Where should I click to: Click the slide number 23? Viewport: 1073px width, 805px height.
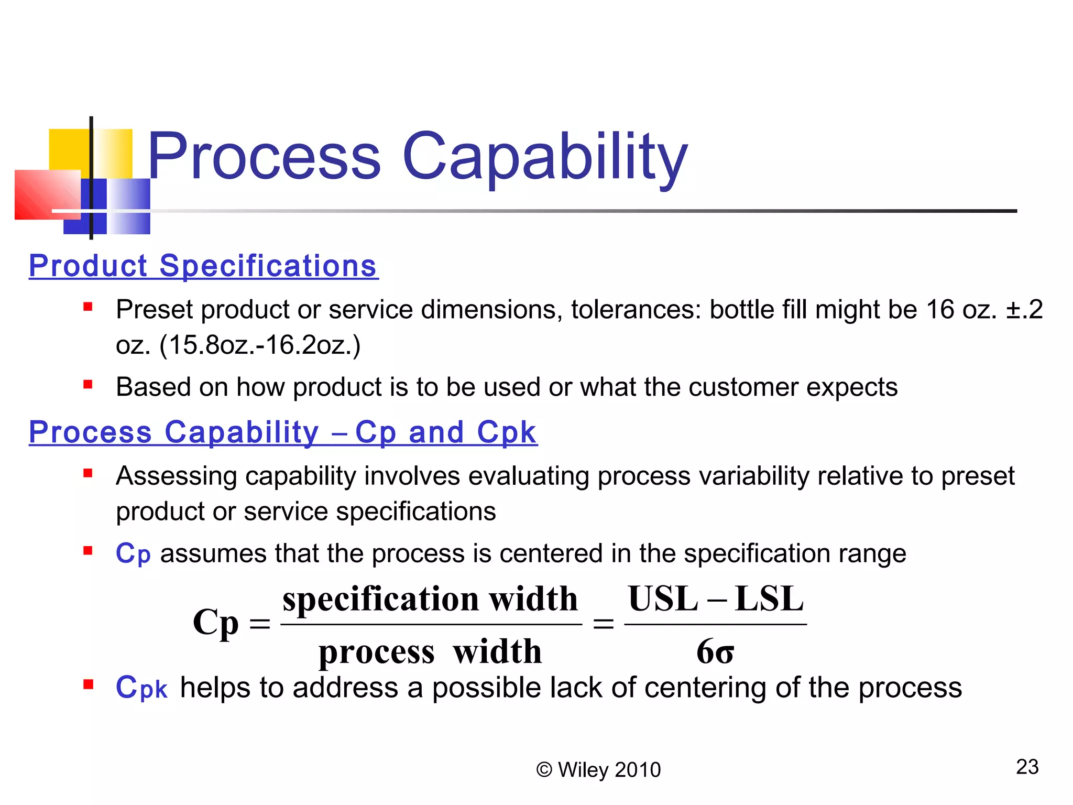[x=1027, y=767]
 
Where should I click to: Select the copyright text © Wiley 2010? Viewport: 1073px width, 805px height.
[x=598, y=770]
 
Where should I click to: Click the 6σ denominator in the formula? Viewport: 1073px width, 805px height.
[x=715, y=652]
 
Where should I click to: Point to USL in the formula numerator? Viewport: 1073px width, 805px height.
[x=663, y=599]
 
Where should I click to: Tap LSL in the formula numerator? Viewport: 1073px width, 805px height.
[x=769, y=599]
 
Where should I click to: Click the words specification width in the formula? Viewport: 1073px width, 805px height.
[x=430, y=599]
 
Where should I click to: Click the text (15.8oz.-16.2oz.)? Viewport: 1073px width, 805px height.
[x=260, y=345]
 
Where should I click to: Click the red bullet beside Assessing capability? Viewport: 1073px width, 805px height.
[x=88, y=473]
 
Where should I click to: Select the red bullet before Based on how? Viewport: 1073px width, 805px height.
[x=88, y=385]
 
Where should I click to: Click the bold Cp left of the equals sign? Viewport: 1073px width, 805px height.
[x=215, y=623]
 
